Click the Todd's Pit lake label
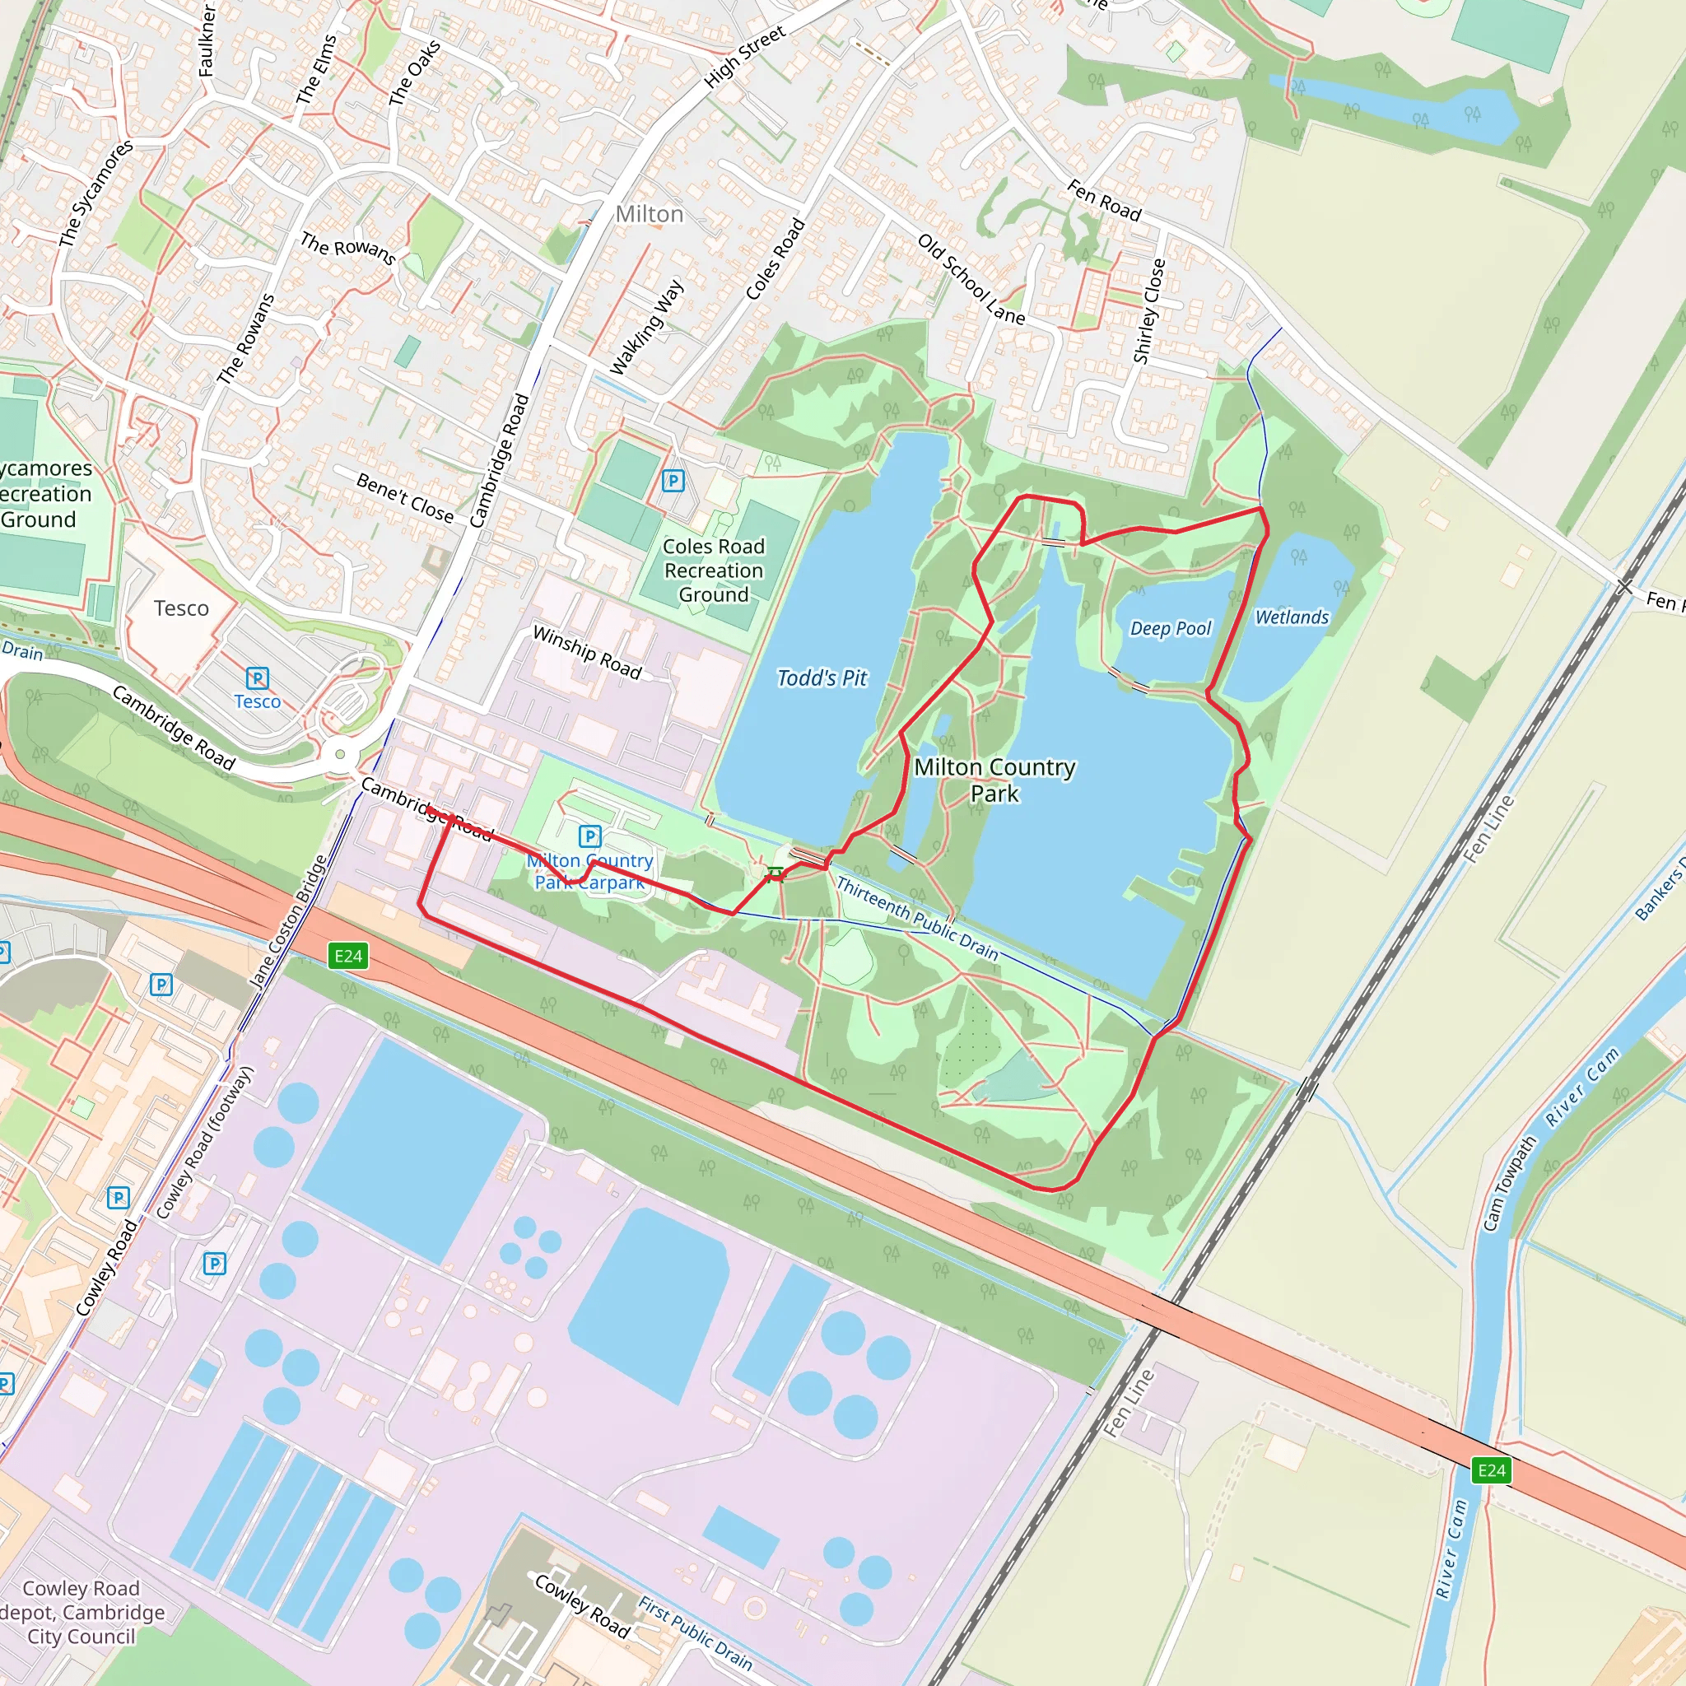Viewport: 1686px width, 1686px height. tap(822, 678)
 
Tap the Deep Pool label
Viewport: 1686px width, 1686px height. tap(1171, 628)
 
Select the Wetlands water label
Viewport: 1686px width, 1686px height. tap(1292, 617)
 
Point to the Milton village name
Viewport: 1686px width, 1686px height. tap(650, 214)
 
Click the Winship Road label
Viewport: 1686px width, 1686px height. tap(587, 652)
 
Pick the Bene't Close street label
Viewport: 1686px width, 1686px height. tap(405, 496)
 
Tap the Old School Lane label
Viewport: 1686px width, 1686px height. tap(971, 278)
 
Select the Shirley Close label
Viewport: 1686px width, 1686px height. tap(1148, 310)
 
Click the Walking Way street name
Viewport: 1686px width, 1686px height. tap(646, 328)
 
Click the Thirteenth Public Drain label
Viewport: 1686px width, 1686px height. tap(917, 918)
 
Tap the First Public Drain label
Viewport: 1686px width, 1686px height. tap(695, 1632)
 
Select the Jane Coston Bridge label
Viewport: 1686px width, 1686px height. tap(288, 921)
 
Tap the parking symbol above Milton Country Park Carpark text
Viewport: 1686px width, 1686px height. tap(590, 836)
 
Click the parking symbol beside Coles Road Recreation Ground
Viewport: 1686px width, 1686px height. tap(673, 481)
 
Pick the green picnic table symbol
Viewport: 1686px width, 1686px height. tap(775, 873)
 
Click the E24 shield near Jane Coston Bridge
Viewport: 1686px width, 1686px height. tap(348, 956)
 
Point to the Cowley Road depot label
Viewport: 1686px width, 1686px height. tap(82, 1612)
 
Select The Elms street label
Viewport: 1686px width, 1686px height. tap(317, 70)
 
